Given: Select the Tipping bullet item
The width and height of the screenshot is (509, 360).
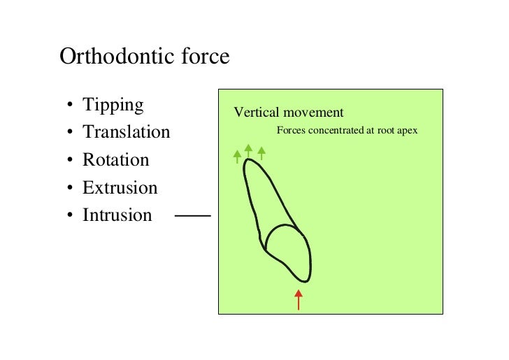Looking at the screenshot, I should [x=113, y=106].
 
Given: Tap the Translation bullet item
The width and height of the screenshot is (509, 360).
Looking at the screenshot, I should [x=126, y=132].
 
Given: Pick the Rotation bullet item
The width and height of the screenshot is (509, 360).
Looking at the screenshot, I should [x=115, y=160].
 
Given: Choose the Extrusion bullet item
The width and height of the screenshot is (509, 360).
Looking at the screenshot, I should [x=120, y=187].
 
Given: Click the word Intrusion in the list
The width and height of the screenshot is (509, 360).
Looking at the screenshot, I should [x=117, y=215].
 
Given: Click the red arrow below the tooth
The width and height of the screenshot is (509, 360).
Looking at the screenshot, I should [x=299, y=298].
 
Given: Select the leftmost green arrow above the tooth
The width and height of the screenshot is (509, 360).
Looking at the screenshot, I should [x=238, y=156].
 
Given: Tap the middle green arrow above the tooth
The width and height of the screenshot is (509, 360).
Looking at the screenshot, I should [x=248, y=151].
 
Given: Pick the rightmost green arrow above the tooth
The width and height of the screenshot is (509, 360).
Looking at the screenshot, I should [x=261, y=152].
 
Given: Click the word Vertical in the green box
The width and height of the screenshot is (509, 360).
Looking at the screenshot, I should [x=256, y=113].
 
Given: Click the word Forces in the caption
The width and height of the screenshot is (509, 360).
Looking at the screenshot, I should [x=291, y=130].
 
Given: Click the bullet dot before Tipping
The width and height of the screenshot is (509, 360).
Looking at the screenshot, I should [x=69, y=108].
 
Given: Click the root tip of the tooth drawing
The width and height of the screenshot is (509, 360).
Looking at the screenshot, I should [x=248, y=161].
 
